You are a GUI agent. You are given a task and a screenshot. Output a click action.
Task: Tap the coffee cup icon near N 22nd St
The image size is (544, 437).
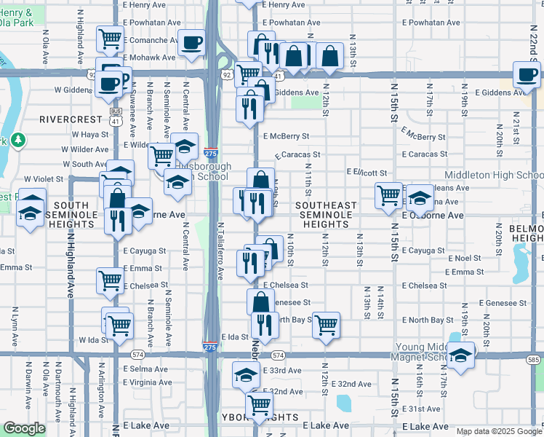pyautogui.click(x=527, y=74)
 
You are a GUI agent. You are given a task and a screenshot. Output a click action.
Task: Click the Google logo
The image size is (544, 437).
pyautogui.click(x=24, y=428)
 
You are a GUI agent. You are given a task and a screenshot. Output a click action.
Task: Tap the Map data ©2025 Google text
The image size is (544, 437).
pyautogui.click(x=498, y=431)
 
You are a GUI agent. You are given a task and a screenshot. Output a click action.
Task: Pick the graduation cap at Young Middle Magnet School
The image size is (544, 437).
pyautogui.click(x=460, y=355)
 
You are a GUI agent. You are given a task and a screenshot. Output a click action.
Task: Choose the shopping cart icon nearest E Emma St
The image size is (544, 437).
pyautogui.click(x=110, y=279)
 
